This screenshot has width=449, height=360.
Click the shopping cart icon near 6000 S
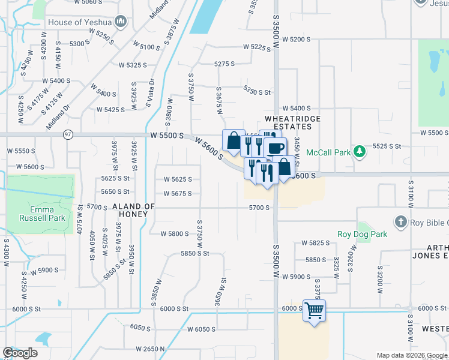(x=314, y=311)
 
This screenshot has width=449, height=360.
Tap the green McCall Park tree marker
(x=360, y=151)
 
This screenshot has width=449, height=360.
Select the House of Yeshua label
(x=81, y=22)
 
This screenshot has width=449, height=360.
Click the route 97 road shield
(x=68, y=134)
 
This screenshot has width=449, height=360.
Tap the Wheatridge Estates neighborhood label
(x=293, y=122)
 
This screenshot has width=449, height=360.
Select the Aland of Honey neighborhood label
(x=134, y=210)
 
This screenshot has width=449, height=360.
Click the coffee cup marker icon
(x=275, y=148)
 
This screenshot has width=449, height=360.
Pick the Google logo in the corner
(x=20, y=353)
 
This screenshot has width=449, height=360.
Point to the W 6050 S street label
(x=201, y=329)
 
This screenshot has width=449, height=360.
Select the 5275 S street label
(x=224, y=64)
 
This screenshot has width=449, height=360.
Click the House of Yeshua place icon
(x=121, y=22)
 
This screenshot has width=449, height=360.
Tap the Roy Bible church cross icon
(x=400, y=223)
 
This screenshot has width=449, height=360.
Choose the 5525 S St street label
(x=387, y=146)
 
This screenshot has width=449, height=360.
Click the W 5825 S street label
(x=316, y=243)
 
